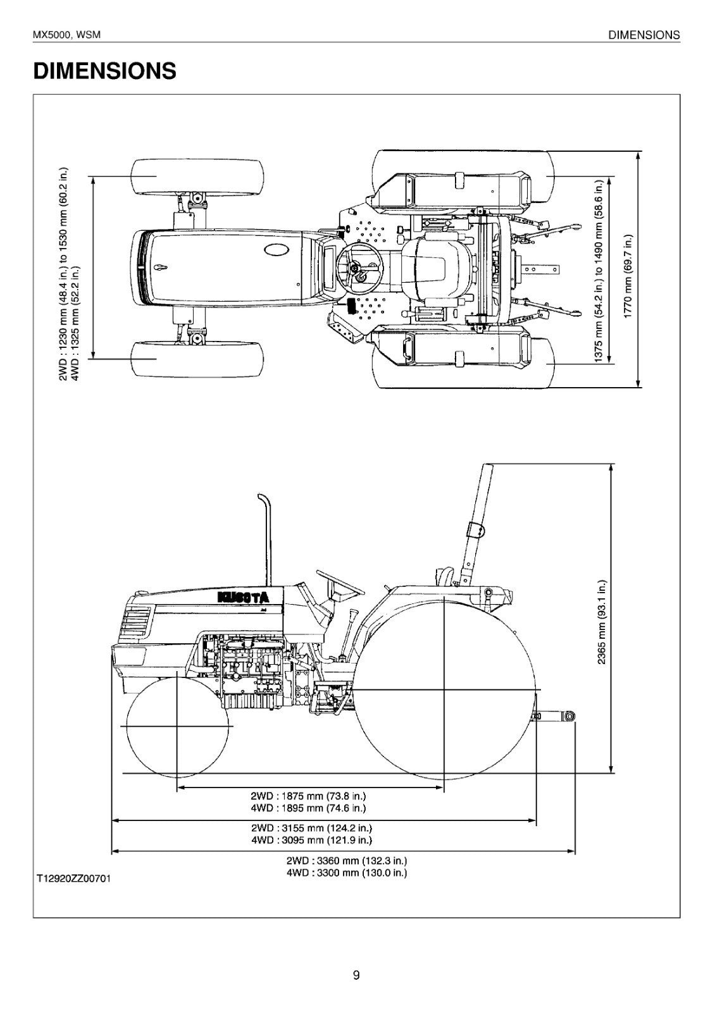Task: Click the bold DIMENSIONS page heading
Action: pyautogui.click(x=104, y=71)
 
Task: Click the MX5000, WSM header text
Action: pyautogui.click(x=66, y=35)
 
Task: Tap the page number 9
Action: pyautogui.click(x=356, y=975)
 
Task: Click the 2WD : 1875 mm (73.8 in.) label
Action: pyautogui.click(x=308, y=796)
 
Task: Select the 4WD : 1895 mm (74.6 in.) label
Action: pyautogui.click(x=308, y=808)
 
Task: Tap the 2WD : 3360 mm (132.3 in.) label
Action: pyautogui.click(x=346, y=860)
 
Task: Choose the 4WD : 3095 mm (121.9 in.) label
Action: pyautogui.click(x=311, y=840)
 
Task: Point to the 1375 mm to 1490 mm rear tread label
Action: pyautogui.click(x=599, y=271)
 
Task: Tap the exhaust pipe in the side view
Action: pyautogui.click(x=266, y=538)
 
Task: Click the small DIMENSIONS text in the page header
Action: pyautogui.click(x=643, y=35)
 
